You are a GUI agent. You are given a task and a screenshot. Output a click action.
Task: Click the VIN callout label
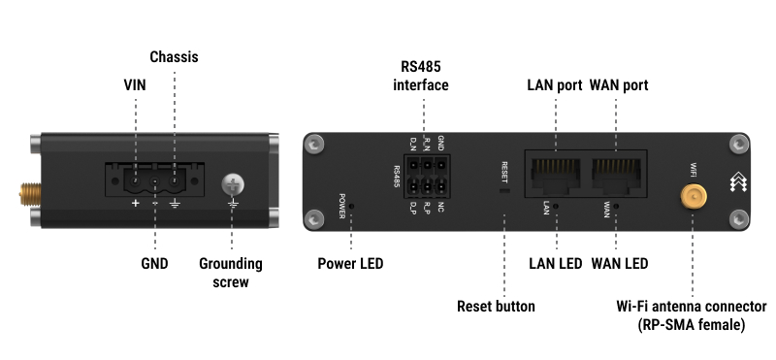(135, 85)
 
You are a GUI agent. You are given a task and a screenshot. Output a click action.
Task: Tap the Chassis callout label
(174, 57)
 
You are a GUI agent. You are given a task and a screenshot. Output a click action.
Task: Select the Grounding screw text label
(231, 273)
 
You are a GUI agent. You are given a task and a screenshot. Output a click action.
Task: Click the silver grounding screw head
(233, 184)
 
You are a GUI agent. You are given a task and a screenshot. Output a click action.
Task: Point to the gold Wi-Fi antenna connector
(694, 197)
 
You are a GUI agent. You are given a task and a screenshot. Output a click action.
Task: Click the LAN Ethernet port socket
(555, 177)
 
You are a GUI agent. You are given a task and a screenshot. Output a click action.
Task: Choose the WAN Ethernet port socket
(616, 177)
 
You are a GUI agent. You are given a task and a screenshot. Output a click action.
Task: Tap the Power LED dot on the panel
(351, 206)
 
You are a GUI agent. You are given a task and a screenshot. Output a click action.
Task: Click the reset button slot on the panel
(503, 190)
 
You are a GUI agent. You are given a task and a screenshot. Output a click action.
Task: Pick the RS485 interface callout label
(421, 76)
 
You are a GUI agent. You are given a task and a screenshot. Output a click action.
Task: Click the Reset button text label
(496, 306)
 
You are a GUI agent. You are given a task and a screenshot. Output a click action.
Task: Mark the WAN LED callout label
(620, 263)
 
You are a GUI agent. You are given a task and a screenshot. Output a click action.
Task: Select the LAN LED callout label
(555, 263)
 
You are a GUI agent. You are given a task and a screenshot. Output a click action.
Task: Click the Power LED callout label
(350, 263)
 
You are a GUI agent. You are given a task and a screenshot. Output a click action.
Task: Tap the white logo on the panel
(738, 181)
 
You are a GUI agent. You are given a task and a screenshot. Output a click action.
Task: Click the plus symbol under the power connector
(135, 203)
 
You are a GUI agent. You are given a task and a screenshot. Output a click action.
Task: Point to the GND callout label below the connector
(154, 263)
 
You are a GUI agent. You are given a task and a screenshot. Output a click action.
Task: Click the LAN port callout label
(555, 85)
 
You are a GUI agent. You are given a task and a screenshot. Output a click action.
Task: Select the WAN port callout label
(619, 85)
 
